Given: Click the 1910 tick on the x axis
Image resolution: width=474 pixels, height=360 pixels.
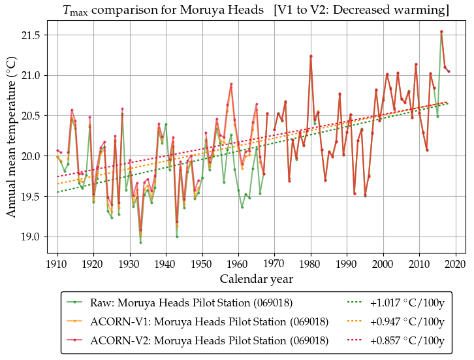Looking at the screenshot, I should point(57,264).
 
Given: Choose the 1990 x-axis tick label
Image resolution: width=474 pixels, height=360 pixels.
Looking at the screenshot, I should point(347,264).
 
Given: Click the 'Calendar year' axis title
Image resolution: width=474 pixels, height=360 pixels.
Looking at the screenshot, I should point(256,279).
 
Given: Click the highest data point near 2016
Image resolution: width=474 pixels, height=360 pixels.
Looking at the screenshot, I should point(441,31).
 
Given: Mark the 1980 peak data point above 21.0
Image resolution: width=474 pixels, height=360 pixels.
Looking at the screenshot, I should point(311,56).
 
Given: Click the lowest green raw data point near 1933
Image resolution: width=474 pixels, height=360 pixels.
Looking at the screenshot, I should point(140,242).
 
